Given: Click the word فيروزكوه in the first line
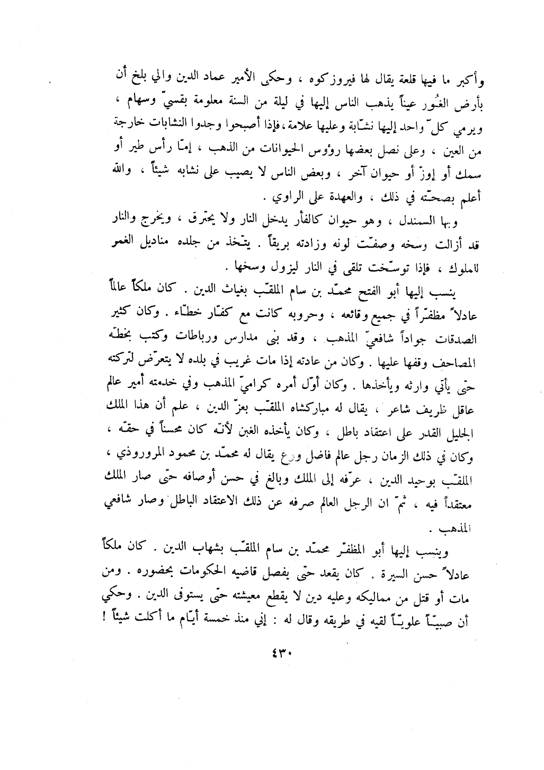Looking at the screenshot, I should [x=249, y=82].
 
